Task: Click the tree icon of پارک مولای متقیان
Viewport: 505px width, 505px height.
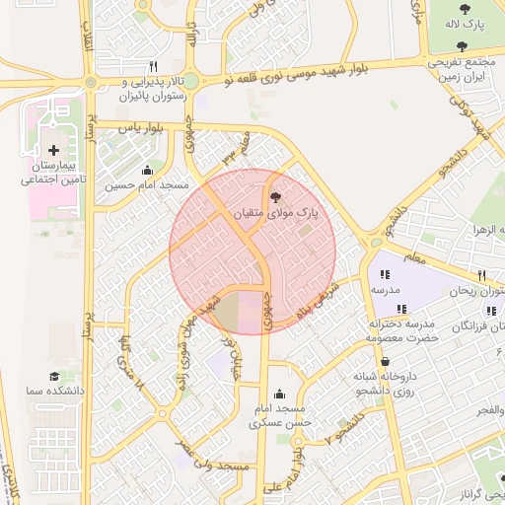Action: [x=273, y=196]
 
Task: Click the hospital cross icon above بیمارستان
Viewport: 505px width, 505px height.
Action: [x=52, y=149]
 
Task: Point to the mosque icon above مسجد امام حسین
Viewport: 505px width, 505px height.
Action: [x=148, y=169]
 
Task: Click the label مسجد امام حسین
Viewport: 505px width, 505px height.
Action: [x=148, y=184]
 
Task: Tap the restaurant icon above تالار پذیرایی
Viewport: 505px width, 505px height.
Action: [x=153, y=66]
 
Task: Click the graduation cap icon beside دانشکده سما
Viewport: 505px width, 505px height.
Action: [x=54, y=378]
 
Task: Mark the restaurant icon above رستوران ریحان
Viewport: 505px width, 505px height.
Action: [x=481, y=275]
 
